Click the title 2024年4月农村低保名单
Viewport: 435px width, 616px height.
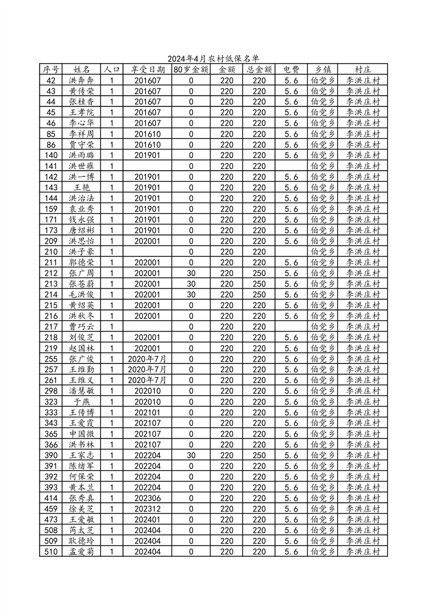[213, 59]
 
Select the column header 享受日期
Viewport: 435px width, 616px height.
[148, 70]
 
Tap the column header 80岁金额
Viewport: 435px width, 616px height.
[190, 70]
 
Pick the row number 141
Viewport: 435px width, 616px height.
[51, 166]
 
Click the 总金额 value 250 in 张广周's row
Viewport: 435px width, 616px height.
[258, 273]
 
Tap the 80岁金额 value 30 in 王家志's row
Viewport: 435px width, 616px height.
[191, 455]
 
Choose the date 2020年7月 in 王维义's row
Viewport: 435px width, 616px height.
[147, 380]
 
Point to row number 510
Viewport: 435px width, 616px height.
[51, 552]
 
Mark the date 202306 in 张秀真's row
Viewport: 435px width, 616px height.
[148, 498]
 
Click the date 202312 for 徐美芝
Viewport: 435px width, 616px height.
[148, 509]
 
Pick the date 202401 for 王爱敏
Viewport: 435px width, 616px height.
[148, 519]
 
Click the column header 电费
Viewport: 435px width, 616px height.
[291, 70]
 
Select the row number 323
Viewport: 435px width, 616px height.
[51, 401]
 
